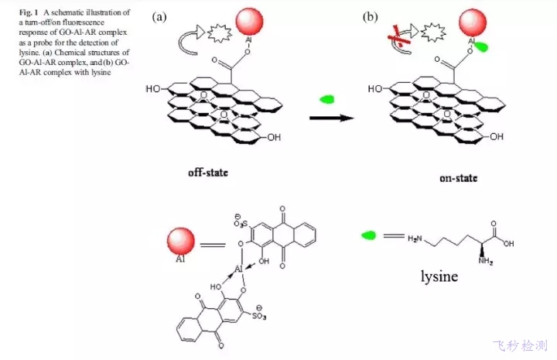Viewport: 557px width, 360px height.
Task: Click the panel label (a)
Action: (160, 17)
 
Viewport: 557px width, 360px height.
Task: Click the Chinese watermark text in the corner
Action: (520, 345)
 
